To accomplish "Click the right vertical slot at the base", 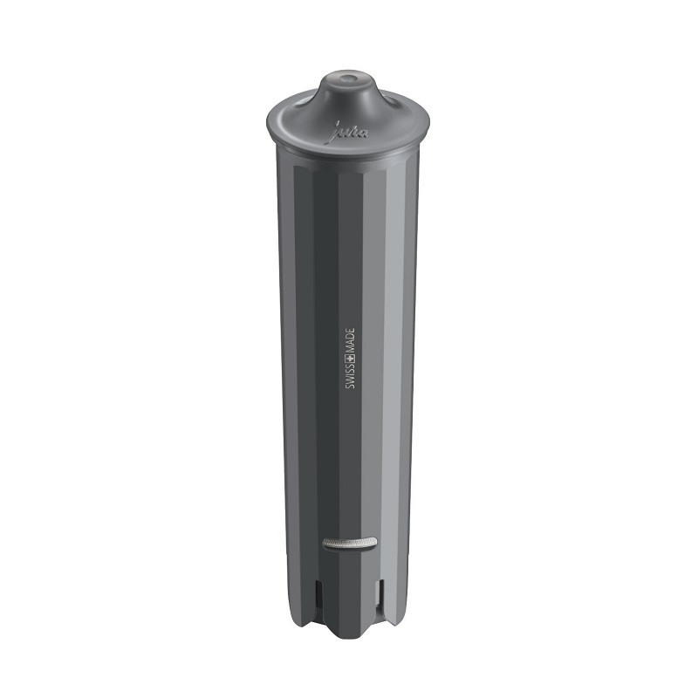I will (x=378, y=598).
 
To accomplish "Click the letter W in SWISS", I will (x=349, y=383).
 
